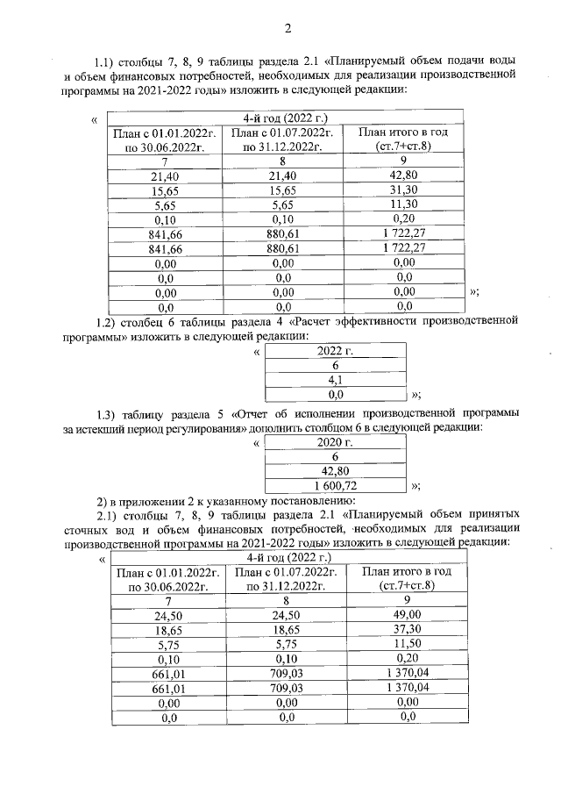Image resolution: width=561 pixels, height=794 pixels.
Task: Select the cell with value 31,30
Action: tap(404, 190)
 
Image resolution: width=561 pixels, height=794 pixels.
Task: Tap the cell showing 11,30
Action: tap(404, 206)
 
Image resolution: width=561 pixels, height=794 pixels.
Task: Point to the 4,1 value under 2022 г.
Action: tap(335, 381)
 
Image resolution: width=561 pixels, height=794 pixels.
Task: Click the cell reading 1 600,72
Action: tap(335, 484)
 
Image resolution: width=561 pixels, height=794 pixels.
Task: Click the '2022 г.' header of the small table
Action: tap(335, 351)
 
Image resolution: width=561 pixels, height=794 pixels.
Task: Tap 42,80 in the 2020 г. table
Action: tap(335, 469)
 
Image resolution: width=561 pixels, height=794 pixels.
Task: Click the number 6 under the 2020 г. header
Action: tap(335, 455)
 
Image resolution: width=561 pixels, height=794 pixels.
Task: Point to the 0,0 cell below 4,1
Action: tap(335, 395)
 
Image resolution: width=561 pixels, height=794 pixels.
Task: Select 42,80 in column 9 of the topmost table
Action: tap(404, 175)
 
